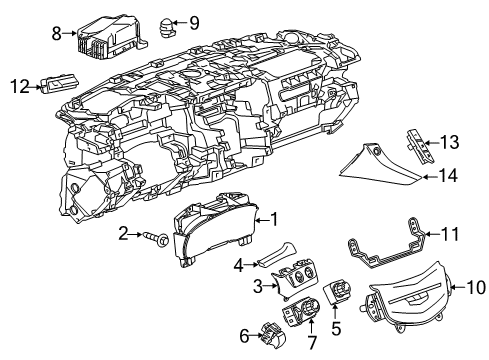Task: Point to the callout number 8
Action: click(58, 33)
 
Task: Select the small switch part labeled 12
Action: click(60, 87)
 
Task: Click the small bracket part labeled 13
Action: click(419, 141)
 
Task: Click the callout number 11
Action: click(451, 235)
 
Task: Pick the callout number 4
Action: click(237, 265)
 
